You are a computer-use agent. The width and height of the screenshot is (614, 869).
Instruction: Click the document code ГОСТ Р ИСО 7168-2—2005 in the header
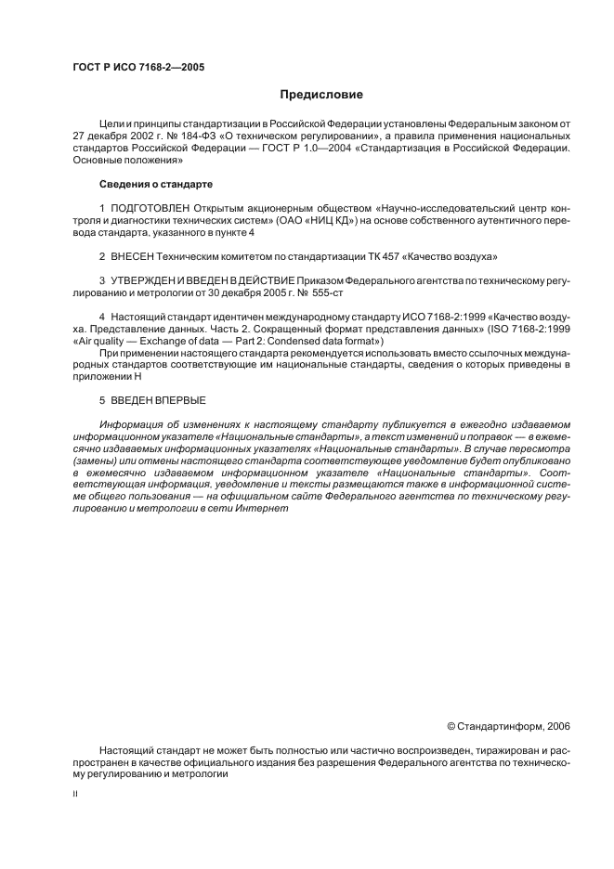pos(138,68)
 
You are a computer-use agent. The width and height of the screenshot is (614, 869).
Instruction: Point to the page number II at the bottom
pos(75,795)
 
